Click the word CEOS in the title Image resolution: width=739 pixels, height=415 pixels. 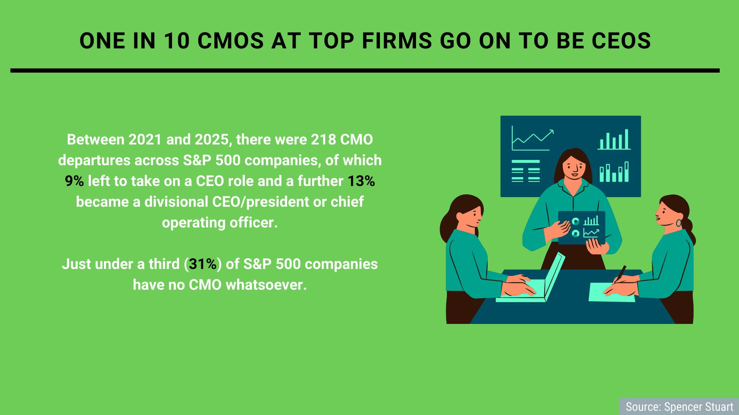[620, 40]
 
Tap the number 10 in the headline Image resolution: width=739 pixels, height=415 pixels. [176, 40]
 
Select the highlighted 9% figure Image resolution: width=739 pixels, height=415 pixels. [74, 181]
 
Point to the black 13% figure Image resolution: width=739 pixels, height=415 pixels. [361, 181]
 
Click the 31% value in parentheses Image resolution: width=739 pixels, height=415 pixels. [202, 264]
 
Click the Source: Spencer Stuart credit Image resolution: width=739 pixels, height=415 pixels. [679, 407]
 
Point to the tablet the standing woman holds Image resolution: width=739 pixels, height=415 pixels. [582, 228]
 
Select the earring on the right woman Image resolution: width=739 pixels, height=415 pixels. [679, 223]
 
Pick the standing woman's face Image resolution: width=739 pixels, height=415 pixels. [573, 166]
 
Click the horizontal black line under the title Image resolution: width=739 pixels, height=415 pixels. [365, 71]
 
